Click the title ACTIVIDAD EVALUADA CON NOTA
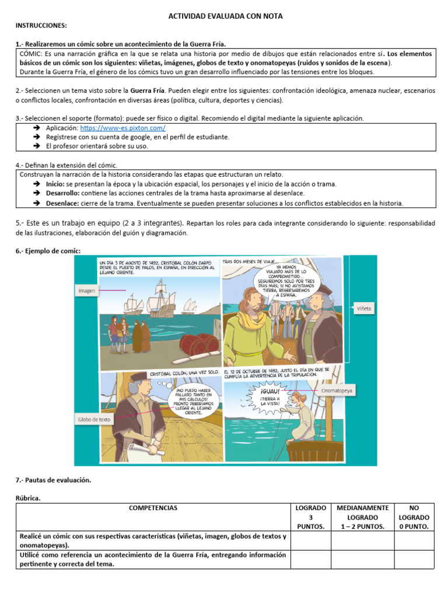[225, 16]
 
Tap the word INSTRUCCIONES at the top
[41, 26]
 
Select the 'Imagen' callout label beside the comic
[86, 290]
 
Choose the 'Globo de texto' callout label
[93, 419]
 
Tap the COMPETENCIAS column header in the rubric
[153, 508]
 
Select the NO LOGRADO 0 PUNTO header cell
[414, 517]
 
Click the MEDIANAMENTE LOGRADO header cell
[362, 517]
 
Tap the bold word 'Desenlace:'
[63, 203]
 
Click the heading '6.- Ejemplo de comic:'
[48, 251]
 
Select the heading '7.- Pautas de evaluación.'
[54, 480]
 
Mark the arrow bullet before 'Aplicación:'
[36, 128]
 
